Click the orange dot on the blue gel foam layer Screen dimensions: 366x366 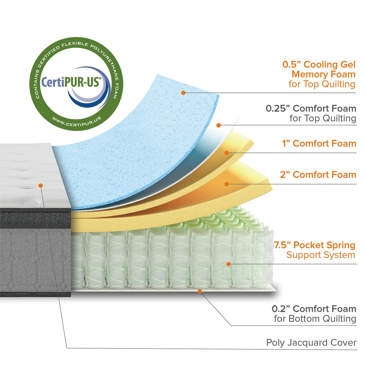point(183,93)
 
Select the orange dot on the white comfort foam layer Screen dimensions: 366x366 point(219,125)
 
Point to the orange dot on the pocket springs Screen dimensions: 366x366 point(229,264)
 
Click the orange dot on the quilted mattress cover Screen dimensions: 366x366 point(41,185)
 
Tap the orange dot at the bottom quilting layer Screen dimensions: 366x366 point(199,291)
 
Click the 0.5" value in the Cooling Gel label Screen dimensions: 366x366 point(291,65)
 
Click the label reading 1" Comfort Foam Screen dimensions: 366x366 point(319,144)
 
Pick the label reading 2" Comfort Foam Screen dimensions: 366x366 point(318,175)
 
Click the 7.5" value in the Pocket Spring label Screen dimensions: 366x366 point(282,245)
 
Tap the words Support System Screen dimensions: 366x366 point(321,255)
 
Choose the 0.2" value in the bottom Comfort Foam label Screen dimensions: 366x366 point(281,309)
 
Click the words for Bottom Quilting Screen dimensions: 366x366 point(315,319)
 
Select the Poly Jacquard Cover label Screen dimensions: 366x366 point(311,343)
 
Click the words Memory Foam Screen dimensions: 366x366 point(323,74)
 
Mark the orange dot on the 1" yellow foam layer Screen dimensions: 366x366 point(227,153)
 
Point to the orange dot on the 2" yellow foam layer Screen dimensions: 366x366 point(227,184)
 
